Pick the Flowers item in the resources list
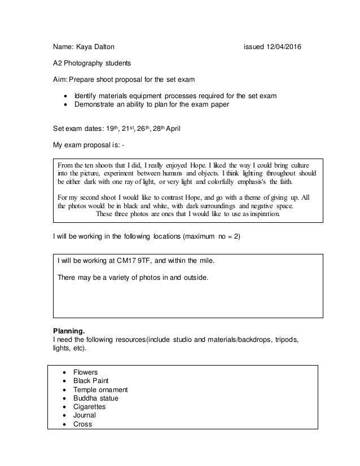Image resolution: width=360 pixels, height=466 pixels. click(85, 372)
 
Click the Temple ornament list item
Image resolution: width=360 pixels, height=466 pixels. click(100, 390)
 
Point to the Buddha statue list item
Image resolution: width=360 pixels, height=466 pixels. click(96, 398)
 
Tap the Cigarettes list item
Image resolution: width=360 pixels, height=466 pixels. click(89, 407)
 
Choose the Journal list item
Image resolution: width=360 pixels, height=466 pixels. click(85, 415)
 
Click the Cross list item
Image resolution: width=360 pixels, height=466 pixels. click(82, 424)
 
